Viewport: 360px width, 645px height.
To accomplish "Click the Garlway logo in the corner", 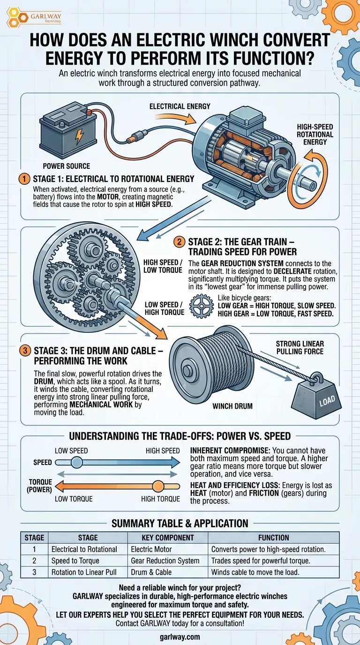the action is [34, 17].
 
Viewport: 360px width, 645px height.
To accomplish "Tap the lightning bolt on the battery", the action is [79, 136].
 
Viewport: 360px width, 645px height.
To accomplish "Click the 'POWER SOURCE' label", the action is [67, 166].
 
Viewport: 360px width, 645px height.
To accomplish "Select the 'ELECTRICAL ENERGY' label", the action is [180, 106].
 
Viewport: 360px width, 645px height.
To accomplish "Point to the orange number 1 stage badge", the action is [24, 179].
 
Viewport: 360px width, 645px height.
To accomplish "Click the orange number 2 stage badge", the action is [179, 242].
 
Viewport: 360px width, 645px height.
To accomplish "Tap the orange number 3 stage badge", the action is [25, 351].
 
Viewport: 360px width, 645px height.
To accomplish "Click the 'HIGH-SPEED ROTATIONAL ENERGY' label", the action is [315, 135].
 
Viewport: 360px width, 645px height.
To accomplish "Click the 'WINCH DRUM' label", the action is [232, 406].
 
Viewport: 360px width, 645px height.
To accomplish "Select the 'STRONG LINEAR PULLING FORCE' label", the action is [300, 347].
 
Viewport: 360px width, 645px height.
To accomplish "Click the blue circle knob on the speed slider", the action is [76, 463].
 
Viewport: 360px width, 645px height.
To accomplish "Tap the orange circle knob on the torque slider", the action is [158, 487].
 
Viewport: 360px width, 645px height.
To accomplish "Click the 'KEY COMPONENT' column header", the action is [168, 538].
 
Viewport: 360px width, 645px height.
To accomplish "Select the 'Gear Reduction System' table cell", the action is [165, 561].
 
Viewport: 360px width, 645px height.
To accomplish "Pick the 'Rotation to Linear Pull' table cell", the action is [84, 572].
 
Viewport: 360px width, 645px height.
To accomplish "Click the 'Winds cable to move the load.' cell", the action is [255, 572].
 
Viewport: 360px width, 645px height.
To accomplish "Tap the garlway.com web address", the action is [180, 637].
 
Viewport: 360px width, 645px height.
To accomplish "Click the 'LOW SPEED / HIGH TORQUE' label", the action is [164, 308].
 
